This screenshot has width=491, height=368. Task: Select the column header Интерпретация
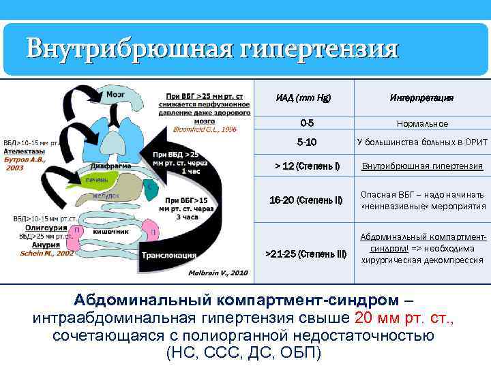[422, 98]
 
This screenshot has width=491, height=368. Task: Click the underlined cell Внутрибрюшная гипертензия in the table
[422, 166]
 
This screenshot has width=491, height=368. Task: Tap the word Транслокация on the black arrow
[169, 256]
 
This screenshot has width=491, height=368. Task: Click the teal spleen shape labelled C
[149, 185]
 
